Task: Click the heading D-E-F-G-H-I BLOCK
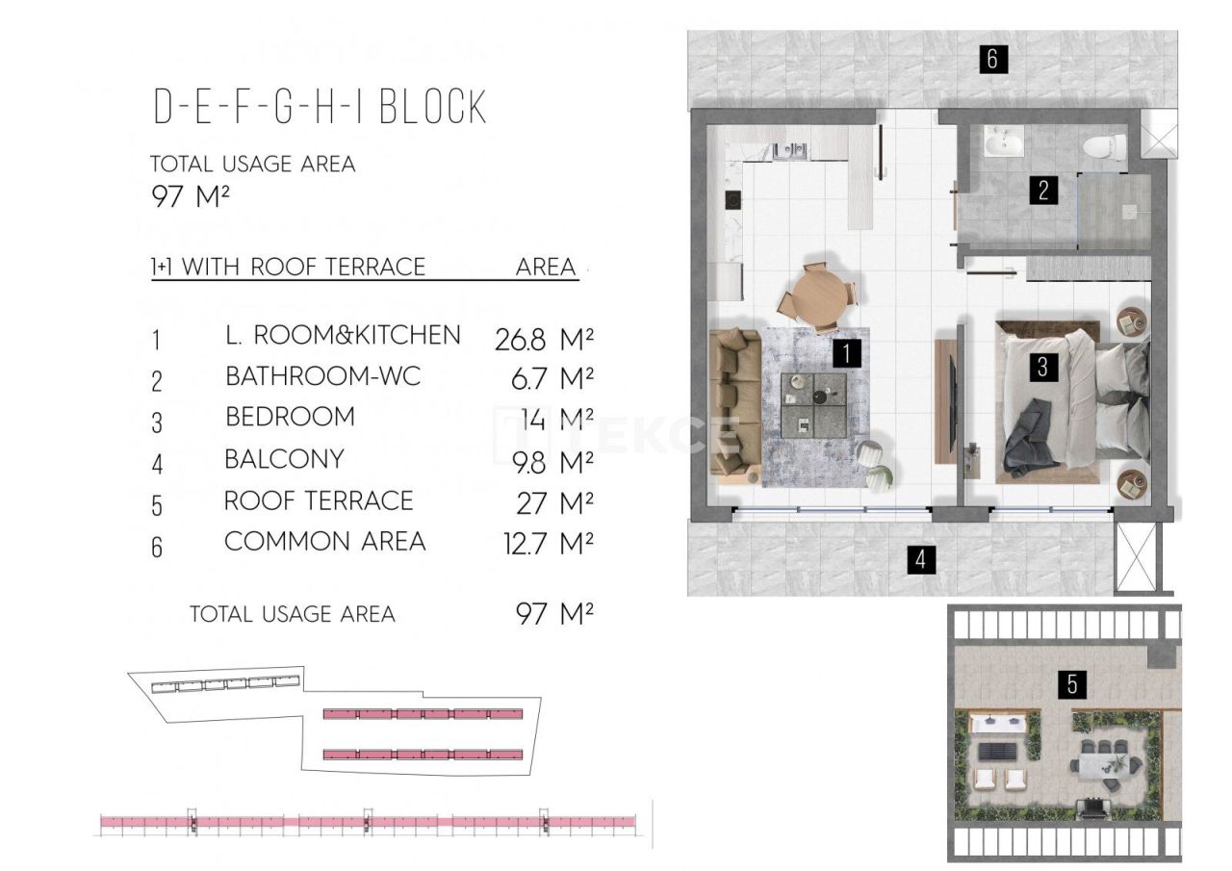click(x=321, y=108)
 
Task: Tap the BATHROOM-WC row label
click(x=322, y=376)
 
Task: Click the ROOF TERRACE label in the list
click(x=319, y=501)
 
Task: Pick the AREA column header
click(x=546, y=268)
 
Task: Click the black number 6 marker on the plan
click(x=993, y=60)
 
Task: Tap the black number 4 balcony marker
click(x=921, y=559)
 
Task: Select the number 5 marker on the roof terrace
click(x=1072, y=684)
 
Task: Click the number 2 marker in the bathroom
click(x=1042, y=190)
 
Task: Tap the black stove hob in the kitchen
click(x=733, y=201)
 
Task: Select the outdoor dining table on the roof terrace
click(x=1107, y=762)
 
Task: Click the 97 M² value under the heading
click(x=191, y=197)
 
